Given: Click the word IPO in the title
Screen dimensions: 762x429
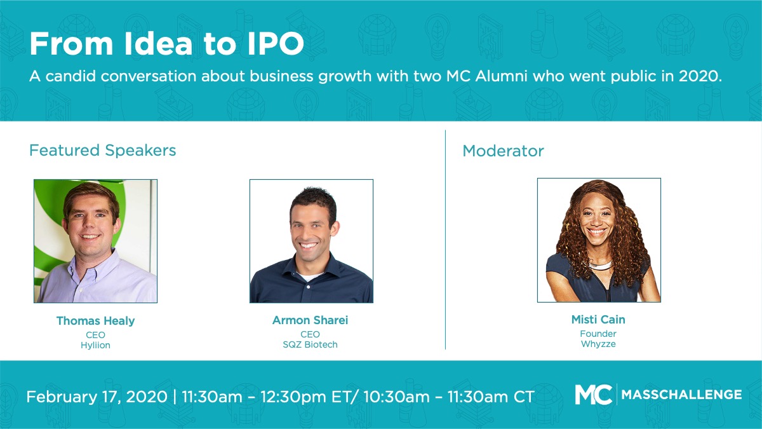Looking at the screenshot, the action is pos(276,44).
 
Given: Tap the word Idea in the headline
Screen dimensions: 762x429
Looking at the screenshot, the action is pos(158,44).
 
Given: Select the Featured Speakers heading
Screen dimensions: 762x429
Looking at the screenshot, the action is pos(103,150).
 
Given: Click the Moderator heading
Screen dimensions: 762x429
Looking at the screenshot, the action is pos(503,151).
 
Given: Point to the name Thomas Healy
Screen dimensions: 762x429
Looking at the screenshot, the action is pos(96,321).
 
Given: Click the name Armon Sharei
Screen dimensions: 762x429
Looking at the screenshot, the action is pos(311,320).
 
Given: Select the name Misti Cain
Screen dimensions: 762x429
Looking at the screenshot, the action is pos(598,319).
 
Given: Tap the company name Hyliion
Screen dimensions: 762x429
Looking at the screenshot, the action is pos(95,345).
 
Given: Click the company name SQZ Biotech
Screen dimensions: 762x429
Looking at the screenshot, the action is pos(311,344).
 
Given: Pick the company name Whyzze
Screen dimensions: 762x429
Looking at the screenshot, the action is pos(598,344).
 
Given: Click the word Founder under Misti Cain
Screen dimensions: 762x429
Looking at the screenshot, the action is pos(598,334).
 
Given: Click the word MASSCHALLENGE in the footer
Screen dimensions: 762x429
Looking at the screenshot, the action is pos(682,395).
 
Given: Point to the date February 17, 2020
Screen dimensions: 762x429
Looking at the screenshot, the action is pos(97,397).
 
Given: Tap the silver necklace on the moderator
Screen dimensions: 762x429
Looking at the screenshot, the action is pos(601,264).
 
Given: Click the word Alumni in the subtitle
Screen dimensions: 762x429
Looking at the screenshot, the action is pos(501,76).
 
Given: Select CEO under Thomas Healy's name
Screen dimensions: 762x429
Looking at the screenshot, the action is pos(95,335).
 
